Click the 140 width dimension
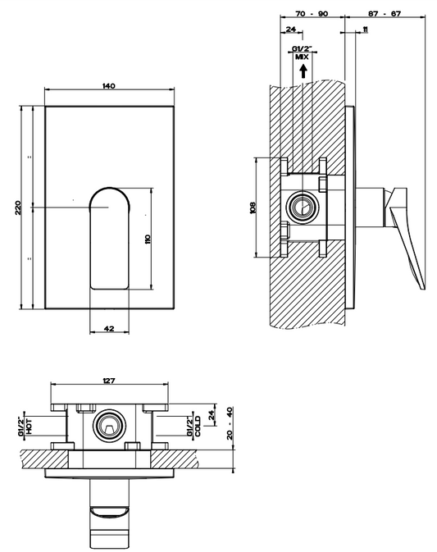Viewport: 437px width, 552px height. (109, 86)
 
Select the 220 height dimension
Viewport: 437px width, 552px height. (18, 208)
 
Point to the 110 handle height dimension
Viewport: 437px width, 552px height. (148, 240)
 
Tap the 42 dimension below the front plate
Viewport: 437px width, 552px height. (109, 328)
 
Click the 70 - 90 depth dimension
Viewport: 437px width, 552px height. (312, 14)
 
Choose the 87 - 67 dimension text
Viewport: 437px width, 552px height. (385, 14)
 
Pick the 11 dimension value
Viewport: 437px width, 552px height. (365, 30)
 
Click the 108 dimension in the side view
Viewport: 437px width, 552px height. (253, 207)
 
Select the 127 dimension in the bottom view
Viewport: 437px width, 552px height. (109, 381)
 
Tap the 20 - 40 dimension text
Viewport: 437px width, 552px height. (230, 423)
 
